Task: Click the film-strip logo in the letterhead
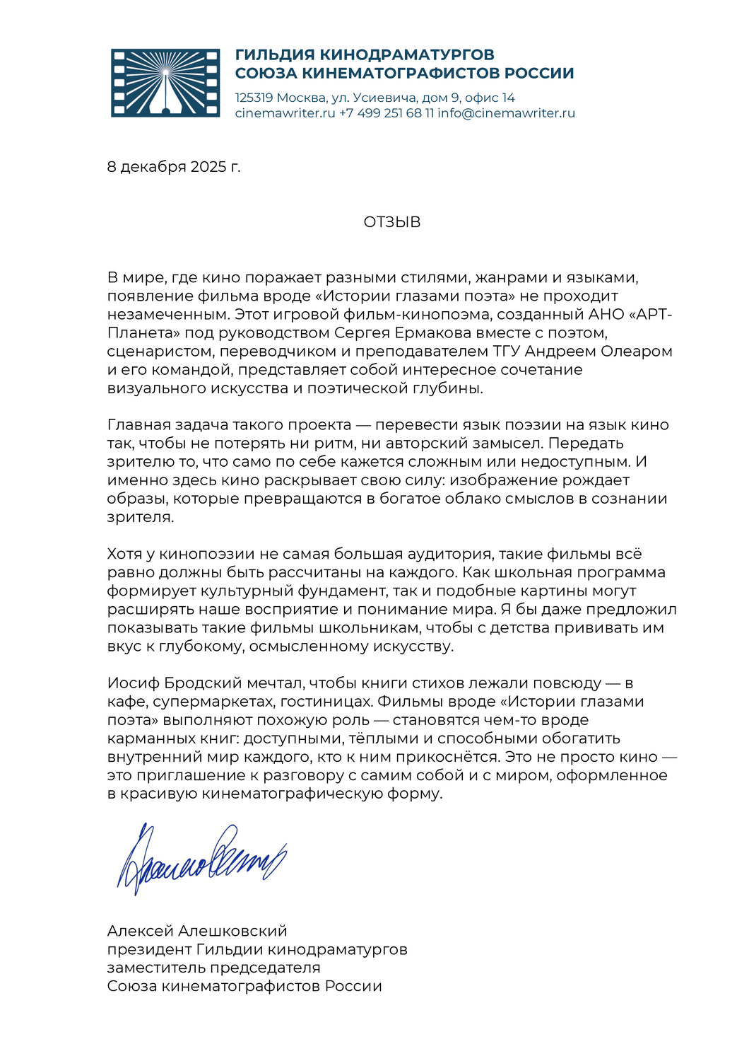pyautogui.click(x=165, y=83)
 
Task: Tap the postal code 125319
pyautogui.click(x=254, y=98)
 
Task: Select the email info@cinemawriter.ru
pyautogui.click(x=506, y=113)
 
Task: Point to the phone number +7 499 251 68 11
pyautogui.click(x=387, y=113)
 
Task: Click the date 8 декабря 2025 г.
pyautogui.click(x=174, y=167)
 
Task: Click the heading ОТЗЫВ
pyautogui.click(x=392, y=222)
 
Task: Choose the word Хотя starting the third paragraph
pyautogui.click(x=125, y=553)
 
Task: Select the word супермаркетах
pyautogui.click(x=213, y=701)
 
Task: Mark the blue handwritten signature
pyautogui.click(x=201, y=858)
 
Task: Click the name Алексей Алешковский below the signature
pyautogui.click(x=197, y=930)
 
